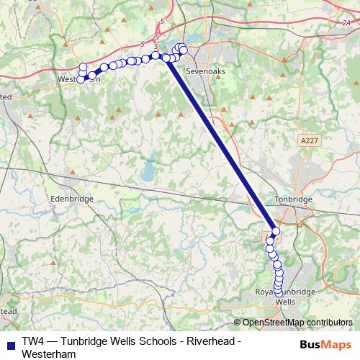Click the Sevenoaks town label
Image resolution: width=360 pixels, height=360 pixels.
(x=202, y=73)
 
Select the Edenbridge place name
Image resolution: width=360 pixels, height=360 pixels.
(x=70, y=199)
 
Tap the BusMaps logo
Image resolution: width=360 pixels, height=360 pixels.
(x=325, y=345)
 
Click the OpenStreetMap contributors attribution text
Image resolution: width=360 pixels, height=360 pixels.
(x=297, y=322)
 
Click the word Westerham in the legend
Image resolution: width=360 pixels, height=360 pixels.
(x=49, y=354)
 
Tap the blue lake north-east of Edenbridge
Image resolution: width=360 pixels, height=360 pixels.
(x=148, y=172)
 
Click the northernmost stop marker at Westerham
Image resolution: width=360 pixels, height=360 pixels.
(x=83, y=67)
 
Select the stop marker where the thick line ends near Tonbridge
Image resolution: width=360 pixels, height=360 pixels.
(x=276, y=230)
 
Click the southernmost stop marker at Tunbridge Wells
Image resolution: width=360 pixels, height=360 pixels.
(x=279, y=292)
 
